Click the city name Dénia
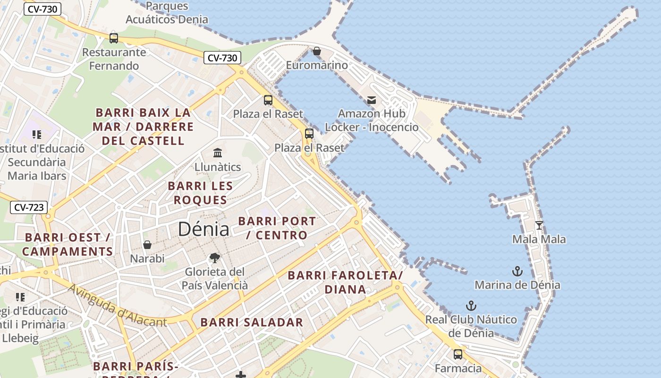[203, 230]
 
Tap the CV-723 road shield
[29, 207]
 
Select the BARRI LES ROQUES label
[200, 193]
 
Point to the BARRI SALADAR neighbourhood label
[252, 323]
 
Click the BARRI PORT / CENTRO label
[277, 228]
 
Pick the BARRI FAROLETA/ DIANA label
[345, 282]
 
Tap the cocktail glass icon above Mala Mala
[539, 225]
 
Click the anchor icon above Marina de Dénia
[517, 271]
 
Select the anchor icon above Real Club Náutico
[471, 306]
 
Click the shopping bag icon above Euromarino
[317, 51]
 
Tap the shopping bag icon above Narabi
[147, 245]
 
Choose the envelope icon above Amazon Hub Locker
[372, 100]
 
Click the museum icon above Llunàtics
[218, 153]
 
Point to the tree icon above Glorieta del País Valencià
[215, 258]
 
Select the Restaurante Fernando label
[114, 59]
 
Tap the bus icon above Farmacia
[458, 354]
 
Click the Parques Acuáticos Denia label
[167, 13]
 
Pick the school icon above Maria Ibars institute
[37, 135]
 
